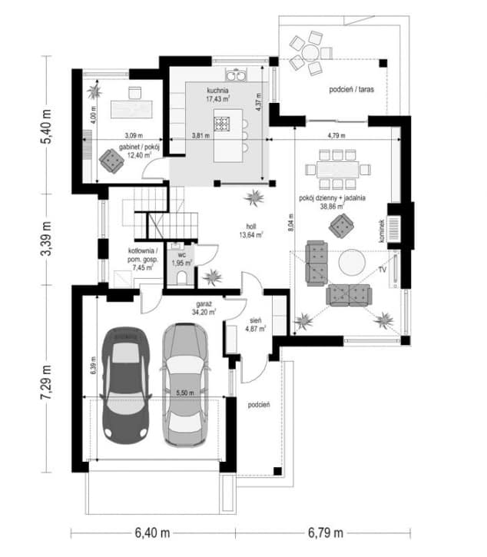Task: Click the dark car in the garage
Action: coord(126,386)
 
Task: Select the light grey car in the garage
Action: coord(184,385)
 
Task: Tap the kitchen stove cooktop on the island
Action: coord(222,124)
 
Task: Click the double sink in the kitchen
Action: coord(236,75)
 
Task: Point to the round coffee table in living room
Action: coord(352,262)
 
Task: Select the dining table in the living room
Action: coord(337,170)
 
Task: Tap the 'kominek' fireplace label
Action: coord(382,230)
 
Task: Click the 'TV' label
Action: coord(383,270)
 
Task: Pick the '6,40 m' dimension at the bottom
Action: coord(152,533)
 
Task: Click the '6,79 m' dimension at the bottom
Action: coord(326,533)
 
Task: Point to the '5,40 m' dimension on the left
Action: coord(46,126)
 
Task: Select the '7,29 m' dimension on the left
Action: coord(46,382)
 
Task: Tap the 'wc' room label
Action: coord(181,255)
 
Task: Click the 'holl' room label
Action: coord(251,227)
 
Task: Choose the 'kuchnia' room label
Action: coord(217,91)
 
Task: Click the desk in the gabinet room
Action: coord(131,109)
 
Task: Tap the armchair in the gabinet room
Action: coord(111,161)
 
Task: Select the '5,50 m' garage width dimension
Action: coord(185,393)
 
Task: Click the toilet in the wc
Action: coord(181,277)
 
